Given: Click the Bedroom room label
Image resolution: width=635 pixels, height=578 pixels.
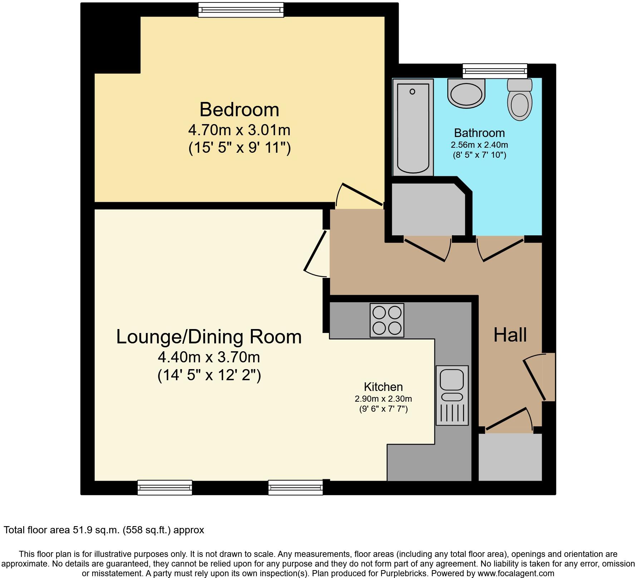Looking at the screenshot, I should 239,109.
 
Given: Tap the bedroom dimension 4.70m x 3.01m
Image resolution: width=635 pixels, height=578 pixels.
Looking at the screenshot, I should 239,130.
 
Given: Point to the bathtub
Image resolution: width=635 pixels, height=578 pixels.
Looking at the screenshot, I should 413,127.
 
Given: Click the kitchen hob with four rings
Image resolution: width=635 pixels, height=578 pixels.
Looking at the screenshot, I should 387,320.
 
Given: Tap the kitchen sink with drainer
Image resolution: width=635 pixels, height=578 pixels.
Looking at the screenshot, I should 452,395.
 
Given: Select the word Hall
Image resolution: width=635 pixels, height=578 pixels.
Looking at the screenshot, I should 510,335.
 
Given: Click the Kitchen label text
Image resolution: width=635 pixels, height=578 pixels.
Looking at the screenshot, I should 383,387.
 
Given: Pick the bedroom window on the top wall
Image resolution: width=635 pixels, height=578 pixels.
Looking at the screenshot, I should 241,10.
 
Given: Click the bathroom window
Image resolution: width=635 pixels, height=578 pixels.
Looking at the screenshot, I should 495,70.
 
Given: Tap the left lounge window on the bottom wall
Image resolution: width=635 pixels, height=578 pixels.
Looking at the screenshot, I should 165,488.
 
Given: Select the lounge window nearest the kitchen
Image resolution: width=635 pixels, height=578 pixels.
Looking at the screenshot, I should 295,488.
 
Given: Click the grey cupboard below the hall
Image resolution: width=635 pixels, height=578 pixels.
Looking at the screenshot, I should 510,457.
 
